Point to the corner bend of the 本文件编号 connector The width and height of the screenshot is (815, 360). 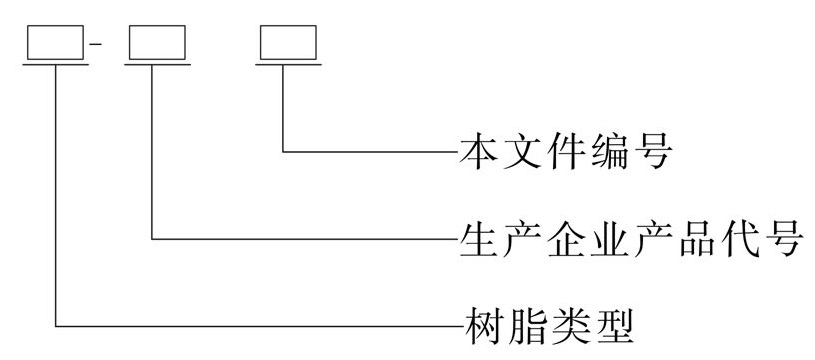(285, 153)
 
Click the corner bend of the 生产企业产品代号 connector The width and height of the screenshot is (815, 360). (153, 239)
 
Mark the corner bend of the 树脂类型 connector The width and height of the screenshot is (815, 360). (58, 325)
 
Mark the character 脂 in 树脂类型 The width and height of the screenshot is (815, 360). (523, 326)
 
